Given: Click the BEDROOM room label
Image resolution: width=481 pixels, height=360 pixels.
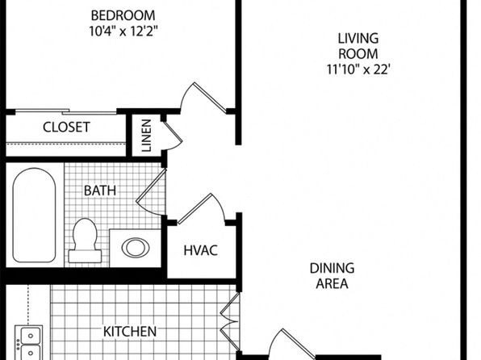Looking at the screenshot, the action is pos(123,15).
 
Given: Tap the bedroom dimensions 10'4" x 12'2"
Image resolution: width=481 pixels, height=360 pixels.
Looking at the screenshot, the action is pos(123,31).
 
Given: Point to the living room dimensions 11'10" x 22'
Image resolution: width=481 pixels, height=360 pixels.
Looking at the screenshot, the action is pos(358,69).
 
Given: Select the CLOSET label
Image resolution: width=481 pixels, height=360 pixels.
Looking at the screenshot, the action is pos(66,127).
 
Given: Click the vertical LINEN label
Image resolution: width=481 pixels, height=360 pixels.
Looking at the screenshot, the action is pos(147,136).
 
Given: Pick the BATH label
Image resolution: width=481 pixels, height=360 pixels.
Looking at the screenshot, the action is pos(100,190).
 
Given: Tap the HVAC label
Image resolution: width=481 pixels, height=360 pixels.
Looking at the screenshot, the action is pos(201,250).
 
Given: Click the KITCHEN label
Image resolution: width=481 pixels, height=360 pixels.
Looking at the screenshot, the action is pos(130,332).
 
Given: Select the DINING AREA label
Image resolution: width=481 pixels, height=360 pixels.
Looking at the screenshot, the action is pos(332,276).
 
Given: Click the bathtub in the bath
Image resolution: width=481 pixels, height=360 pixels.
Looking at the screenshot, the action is pos(35,216).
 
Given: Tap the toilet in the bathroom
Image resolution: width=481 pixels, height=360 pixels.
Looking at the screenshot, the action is pos(85,241).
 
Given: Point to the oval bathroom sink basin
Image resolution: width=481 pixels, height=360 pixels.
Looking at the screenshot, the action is pos(136,248).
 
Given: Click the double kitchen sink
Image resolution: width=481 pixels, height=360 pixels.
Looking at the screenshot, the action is pos(29,342).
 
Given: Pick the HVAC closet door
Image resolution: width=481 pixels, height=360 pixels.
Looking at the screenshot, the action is pos(201,209).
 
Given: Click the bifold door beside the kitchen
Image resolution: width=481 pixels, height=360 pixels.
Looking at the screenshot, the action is pos(229,321).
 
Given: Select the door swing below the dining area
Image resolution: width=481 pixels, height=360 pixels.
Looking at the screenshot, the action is pos(291,344).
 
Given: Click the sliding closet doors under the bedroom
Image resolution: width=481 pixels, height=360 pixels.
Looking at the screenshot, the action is pos(66,111).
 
